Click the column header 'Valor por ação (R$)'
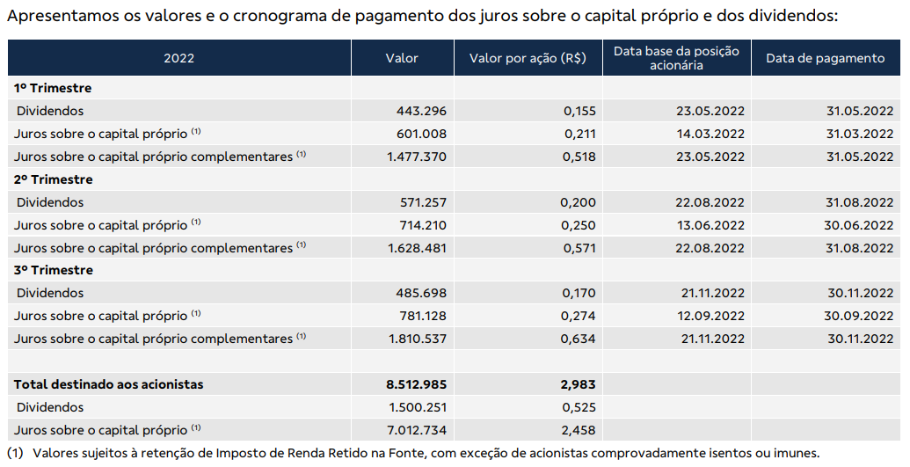pos(528,58)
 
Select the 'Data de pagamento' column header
pos(826,58)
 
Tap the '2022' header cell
pos(178,58)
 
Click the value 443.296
pos(421,111)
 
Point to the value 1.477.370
pos(418,157)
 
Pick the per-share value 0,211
pos(579,134)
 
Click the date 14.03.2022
pos(710,134)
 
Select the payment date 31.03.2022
pos(860,134)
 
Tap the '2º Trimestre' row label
pos(54,179)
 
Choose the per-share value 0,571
pos(579,248)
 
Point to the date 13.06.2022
pos(710,225)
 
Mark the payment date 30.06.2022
pos(859,225)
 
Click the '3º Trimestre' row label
pos(54,270)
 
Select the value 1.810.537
pos(418,339)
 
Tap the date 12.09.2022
pos(710,316)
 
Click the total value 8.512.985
pos(417,384)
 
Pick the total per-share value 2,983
pos(579,384)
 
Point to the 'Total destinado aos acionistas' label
pos(108,384)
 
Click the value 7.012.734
pos(418,430)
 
